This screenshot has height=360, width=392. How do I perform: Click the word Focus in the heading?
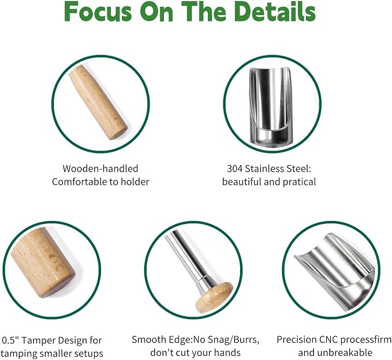[98, 12]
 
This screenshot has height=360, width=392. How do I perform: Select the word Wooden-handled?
[100, 168]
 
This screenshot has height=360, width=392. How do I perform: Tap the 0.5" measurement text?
[10, 340]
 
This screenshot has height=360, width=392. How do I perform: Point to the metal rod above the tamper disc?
[191, 257]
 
